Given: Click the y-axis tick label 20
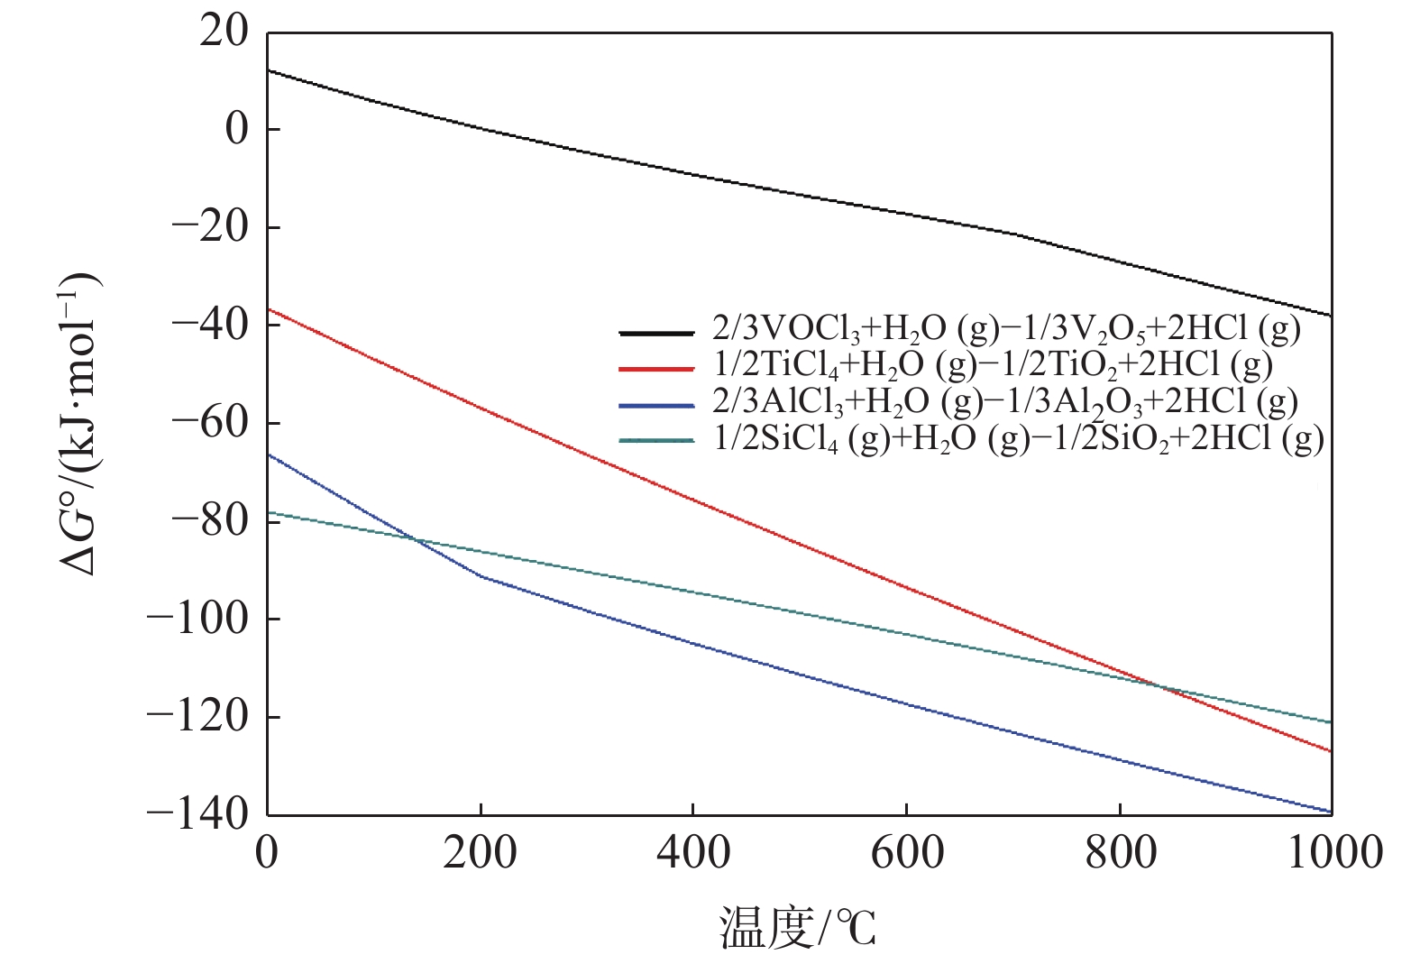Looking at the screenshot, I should pyautogui.click(x=224, y=32).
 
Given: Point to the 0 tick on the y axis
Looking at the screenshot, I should pyautogui.click(x=235, y=130).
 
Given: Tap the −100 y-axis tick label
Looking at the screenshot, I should pyautogui.click(x=197, y=619).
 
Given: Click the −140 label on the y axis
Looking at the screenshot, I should pyautogui.click(x=197, y=813).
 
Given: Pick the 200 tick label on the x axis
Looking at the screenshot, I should pyautogui.click(x=480, y=852).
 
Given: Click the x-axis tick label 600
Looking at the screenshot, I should pyautogui.click(x=906, y=852).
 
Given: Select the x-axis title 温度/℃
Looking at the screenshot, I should pyautogui.click(x=798, y=929).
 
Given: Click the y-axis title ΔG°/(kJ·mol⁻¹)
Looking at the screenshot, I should pyautogui.click(x=81, y=424).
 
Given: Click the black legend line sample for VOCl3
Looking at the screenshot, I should pyautogui.click(x=656, y=333).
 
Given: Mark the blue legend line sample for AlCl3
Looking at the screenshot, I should pyautogui.click(x=656, y=405).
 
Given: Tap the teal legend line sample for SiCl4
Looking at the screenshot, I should pyautogui.click(x=656, y=441).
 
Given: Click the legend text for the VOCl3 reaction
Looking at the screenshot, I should pyautogui.click(x=1006, y=331).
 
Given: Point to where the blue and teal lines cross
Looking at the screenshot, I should pyautogui.click(x=414, y=539).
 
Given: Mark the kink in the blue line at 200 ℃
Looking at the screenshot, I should pyautogui.click(x=481, y=575).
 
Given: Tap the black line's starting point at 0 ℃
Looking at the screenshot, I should pyautogui.click(x=269, y=70).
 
